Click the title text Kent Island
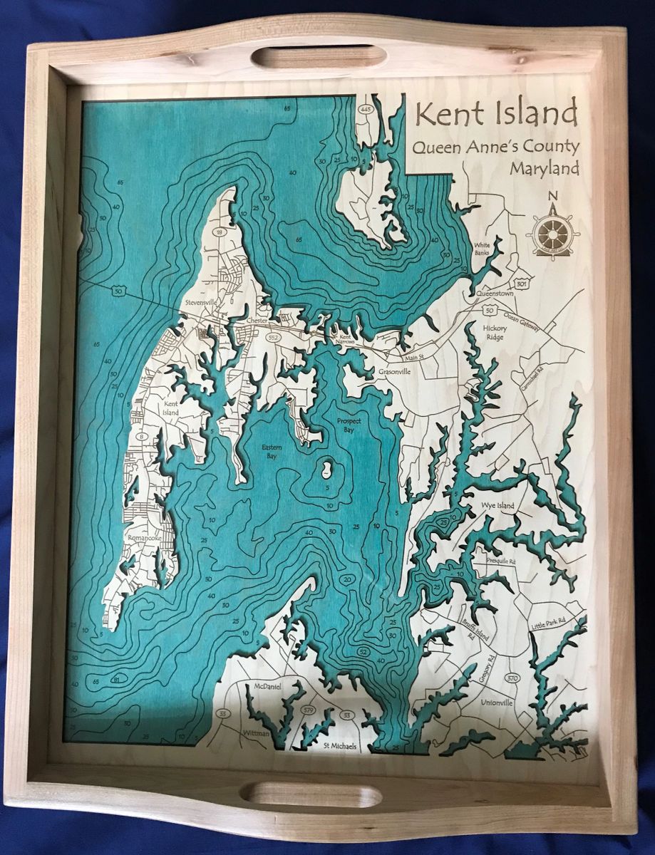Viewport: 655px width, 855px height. (497, 114)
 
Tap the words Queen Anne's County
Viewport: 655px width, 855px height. (492, 148)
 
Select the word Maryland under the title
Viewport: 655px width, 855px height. (545, 170)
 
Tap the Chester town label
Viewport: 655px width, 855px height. (255, 321)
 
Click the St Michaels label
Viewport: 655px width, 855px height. (339, 746)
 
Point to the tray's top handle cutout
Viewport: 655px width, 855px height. (318, 56)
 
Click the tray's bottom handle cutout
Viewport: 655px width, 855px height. (318, 795)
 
